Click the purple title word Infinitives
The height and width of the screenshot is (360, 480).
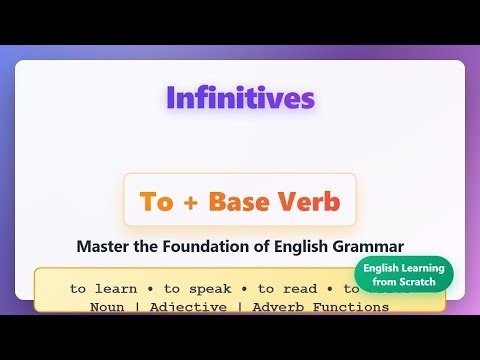[240, 98]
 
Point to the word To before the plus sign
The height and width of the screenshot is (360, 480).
[157, 201]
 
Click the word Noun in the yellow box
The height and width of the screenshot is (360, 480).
[106, 307]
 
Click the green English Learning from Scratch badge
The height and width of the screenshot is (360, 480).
[403, 275]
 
